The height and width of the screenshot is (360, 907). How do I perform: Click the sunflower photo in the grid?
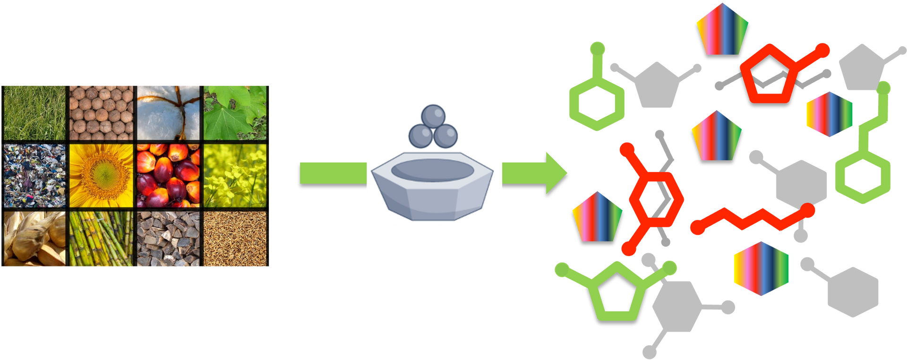click(x=101, y=176)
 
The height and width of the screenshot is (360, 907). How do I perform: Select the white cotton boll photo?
click(x=169, y=112)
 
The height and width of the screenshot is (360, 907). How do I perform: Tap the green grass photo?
click(x=34, y=112)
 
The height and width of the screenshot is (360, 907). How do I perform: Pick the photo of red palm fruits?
click(x=169, y=176)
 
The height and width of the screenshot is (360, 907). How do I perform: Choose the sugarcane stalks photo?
click(x=101, y=239)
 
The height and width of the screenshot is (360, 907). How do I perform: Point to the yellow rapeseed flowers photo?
click(x=235, y=176)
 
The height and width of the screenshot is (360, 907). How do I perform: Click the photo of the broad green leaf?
click(x=235, y=112)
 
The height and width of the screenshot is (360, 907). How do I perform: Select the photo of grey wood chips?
click(x=169, y=239)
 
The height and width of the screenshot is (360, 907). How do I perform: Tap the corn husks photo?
click(x=34, y=239)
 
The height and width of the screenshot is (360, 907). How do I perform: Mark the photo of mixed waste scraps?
click(x=34, y=176)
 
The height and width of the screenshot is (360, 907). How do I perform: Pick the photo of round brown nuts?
click(x=101, y=112)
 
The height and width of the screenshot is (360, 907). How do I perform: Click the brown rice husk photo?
click(x=235, y=239)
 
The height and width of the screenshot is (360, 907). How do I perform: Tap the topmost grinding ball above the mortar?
click(x=433, y=116)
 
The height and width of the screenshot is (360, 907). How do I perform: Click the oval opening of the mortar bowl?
click(x=433, y=170)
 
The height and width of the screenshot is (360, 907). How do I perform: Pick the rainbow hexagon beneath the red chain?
click(x=761, y=268)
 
